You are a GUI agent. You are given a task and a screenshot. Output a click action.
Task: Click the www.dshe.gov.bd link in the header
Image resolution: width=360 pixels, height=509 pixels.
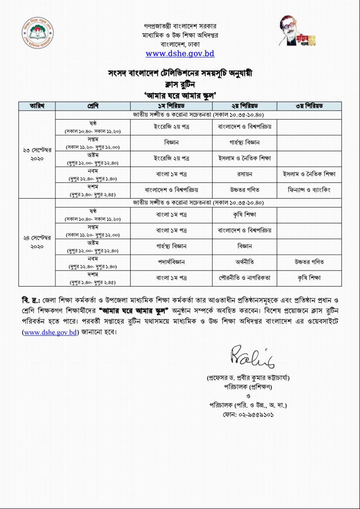pos(180,54)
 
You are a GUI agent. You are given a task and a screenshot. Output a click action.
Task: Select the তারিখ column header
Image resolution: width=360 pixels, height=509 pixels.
pos(36,106)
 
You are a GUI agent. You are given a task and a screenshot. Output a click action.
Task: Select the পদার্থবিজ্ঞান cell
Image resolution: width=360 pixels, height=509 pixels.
pos(171,261)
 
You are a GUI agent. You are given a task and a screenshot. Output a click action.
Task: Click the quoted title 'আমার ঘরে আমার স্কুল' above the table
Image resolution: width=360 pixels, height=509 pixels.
pos(180,95)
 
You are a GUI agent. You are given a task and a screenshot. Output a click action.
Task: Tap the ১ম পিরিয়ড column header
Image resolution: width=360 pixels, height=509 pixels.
pos(171,106)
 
